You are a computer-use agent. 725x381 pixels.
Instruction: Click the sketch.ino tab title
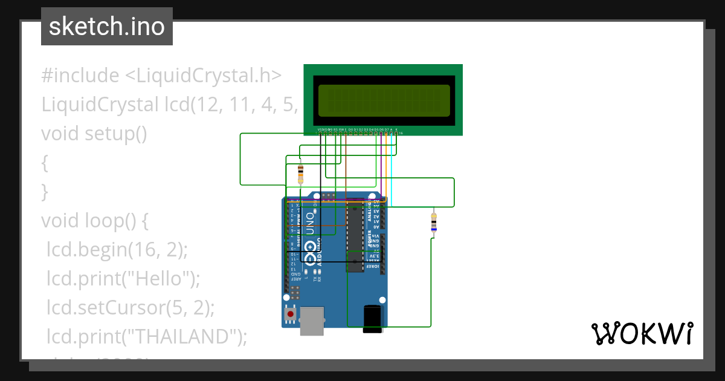[x=107, y=27]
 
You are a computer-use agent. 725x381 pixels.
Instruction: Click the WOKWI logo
[x=642, y=334]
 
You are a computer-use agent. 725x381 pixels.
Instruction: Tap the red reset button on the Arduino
[x=291, y=314]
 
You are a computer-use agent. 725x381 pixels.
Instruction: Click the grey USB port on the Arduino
[x=312, y=321]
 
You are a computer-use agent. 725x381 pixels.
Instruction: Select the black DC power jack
[x=372, y=319]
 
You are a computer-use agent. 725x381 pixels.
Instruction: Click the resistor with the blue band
[x=433, y=223]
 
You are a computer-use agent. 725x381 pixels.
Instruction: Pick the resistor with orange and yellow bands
[x=301, y=174]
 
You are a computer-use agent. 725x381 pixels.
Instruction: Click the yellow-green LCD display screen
[x=384, y=100]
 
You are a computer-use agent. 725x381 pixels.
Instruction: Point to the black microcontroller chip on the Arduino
[x=355, y=239]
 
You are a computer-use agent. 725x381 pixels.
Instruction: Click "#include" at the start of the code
[x=80, y=76]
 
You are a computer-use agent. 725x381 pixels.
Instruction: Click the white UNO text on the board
[x=309, y=223]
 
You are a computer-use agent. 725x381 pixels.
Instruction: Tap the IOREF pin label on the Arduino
[x=375, y=266]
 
